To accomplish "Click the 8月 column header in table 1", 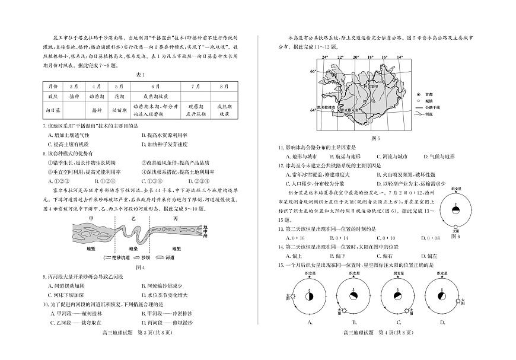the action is (x=224, y=86).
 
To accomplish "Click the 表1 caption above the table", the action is (x=141, y=74).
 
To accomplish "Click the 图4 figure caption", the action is (x=141, y=267).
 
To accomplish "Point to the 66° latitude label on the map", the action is (x=314, y=72).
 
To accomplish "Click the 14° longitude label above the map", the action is (x=400, y=58).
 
